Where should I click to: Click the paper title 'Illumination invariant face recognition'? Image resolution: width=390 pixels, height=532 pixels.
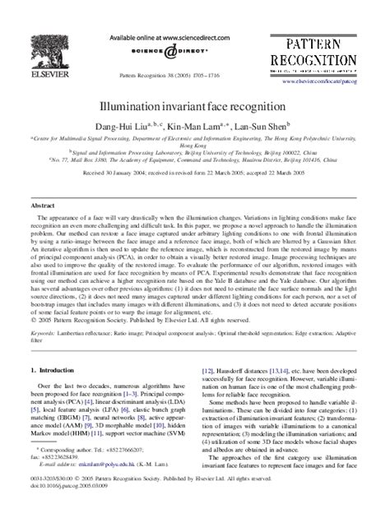[194, 107]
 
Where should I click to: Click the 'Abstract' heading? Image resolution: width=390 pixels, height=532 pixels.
[43, 202]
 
